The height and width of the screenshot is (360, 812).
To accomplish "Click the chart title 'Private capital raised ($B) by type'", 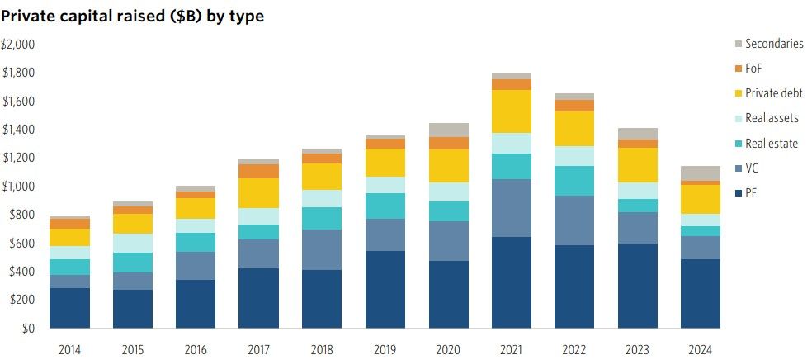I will pyautogui.click(x=133, y=16).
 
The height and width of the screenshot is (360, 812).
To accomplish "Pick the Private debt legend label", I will pyautogui.click(x=773, y=93).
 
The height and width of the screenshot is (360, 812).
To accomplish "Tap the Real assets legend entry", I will pyautogui.click(x=772, y=118).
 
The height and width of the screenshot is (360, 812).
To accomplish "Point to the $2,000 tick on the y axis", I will pyautogui.click(x=17, y=44).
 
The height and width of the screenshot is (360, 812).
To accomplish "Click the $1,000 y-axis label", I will pyautogui.click(x=17, y=187).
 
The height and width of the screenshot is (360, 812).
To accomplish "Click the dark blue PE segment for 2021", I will pyautogui.click(x=510, y=282).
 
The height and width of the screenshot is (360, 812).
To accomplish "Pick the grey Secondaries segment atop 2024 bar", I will pyautogui.click(x=700, y=173).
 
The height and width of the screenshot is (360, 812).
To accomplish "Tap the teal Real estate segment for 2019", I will pyautogui.click(x=385, y=206).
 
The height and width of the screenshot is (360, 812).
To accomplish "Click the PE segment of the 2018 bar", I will pyautogui.click(x=323, y=299).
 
